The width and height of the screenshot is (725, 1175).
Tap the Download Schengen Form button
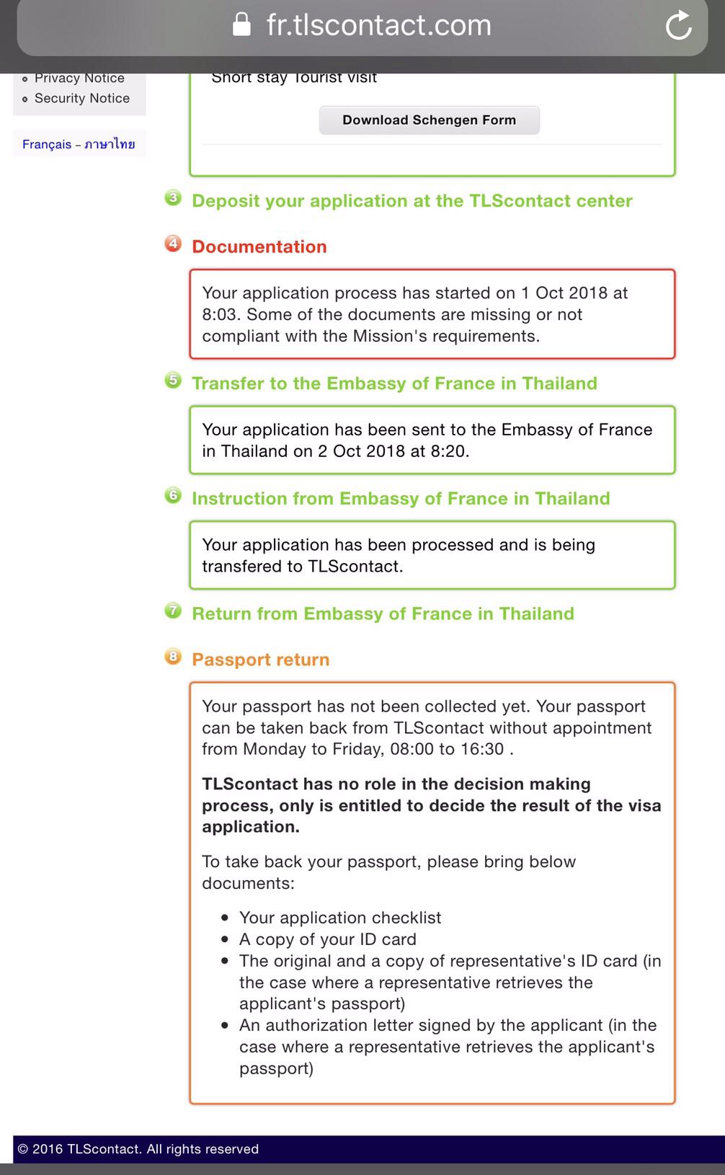tap(429, 120)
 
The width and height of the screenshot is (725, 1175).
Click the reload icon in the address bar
tap(678, 26)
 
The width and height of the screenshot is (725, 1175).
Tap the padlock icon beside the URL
tap(242, 25)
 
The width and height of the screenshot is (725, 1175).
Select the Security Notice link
tap(82, 98)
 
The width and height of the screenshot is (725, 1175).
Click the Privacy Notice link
tap(79, 78)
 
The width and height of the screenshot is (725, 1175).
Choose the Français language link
tap(47, 144)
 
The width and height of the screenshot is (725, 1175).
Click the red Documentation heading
tap(259, 247)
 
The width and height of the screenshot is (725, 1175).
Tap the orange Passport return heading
tap(260, 660)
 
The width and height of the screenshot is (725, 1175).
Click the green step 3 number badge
tap(173, 198)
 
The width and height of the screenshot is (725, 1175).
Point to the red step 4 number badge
tap(173, 244)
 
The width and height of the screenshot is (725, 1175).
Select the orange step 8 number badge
tap(173, 657)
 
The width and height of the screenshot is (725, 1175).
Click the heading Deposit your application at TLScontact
tap(412, 200)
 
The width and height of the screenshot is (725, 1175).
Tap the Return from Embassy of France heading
tap(383, 613)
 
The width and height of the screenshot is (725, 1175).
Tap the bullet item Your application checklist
tap(339, 918)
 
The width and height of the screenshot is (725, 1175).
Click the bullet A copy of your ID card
tap(327, 939)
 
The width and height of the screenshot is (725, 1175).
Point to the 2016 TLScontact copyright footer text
tap(138, 1149)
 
